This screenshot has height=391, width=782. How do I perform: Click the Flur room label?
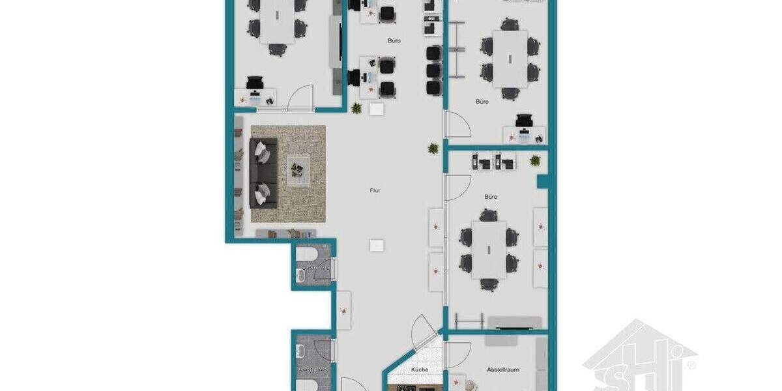(375, 190)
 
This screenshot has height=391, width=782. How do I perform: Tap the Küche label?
(420, 370)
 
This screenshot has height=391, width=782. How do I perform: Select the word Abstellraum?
(503, 369)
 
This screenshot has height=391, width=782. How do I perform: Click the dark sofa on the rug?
(262, 173)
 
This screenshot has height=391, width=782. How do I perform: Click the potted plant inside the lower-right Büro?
(536, 160)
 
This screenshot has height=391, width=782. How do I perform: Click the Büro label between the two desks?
(394, 40)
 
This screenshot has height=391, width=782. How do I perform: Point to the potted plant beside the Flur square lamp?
(357, 108)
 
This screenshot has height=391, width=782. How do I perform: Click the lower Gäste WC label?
(314, 369)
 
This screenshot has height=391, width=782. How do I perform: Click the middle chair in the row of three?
(434, 70)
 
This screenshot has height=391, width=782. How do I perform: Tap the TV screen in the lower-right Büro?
(515, 323)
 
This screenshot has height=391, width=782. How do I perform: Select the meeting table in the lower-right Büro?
(489, 250)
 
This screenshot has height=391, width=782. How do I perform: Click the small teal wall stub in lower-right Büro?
(542, 181)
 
